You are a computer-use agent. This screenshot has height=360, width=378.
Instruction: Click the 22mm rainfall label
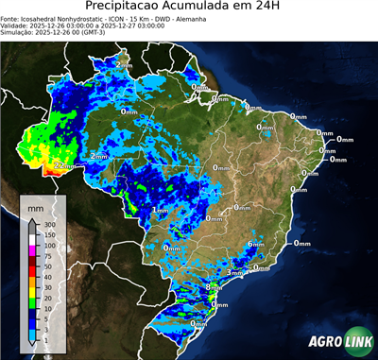[x=63, y=165]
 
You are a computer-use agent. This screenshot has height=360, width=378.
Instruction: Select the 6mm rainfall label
[x=255, y=245]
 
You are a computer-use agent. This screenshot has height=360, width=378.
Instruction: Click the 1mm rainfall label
[x=160, y=210]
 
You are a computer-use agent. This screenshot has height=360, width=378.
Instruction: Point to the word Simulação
[x=17, y=32]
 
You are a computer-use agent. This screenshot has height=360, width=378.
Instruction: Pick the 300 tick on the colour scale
[x=49, y=225]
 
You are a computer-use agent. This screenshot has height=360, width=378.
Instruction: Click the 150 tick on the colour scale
[x=49, y=235]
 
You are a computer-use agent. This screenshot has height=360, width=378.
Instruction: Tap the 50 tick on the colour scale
[x=49, y=267]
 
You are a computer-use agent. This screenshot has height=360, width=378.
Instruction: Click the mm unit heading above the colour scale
[x=36, y=206]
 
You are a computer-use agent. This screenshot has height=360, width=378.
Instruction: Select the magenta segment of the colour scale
[x=32, y=251]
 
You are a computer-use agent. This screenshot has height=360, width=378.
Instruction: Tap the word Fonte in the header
[x=10, y=17]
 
